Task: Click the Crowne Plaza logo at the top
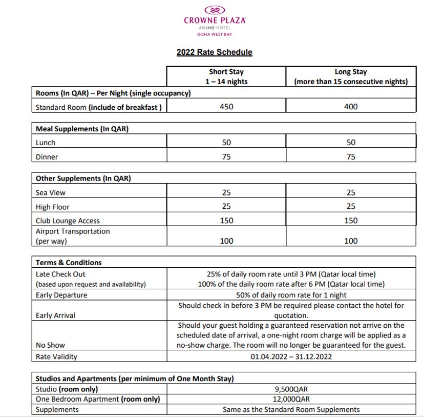coord(215,21)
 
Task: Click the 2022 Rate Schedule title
coord(214,52)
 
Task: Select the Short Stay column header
coord(226,76)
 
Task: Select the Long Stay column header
coord(351,76)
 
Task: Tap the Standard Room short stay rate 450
coord(226,107)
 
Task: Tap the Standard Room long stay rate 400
coord(351,107)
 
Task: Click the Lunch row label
coord(46,143)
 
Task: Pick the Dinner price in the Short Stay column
coord(226,157)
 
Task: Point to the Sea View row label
coord(51,193)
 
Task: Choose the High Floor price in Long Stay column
coord(351,207)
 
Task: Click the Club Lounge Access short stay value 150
coord(226,221)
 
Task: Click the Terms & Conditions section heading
coord(69,262)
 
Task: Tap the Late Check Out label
coord(60,274)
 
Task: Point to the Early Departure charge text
coord(291,295)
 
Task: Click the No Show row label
coord(50,345)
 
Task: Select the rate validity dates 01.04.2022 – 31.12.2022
coord(291,356)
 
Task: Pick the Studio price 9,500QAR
coord(291,389)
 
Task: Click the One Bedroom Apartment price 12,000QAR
coord(291,399)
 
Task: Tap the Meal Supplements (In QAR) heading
coord(82,129)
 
